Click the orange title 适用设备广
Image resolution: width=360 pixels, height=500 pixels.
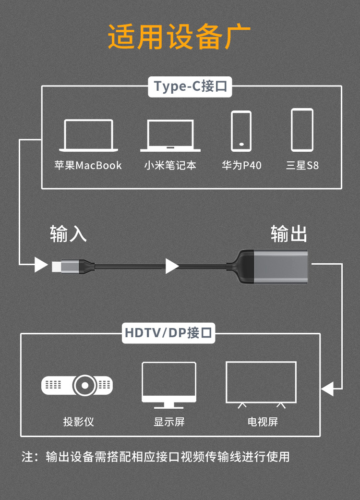click(180, 37)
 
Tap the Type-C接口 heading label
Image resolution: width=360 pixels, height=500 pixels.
click(191, 86)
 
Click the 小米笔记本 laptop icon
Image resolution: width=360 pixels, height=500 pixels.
click(170, 136)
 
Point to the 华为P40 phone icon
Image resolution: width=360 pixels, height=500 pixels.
click(241, 131)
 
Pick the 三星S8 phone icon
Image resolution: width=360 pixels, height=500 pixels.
click(302, 130)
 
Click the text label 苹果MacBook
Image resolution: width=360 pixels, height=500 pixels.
click(88, 166)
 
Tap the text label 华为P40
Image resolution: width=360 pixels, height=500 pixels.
click(241, 166)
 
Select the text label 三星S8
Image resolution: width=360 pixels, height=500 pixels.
click(302, 166)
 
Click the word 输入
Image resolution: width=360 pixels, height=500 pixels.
click(68, 233)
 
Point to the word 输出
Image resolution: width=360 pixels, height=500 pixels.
click(288, 233)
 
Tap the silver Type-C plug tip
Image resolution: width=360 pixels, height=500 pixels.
click(56, 265)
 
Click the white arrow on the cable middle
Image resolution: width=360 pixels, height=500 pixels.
click(171, 266)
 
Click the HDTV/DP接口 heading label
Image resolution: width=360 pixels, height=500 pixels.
click(169, 333)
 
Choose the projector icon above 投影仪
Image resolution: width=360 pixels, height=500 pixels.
click(77, 385)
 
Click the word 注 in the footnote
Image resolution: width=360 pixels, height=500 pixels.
click(27, 456)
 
